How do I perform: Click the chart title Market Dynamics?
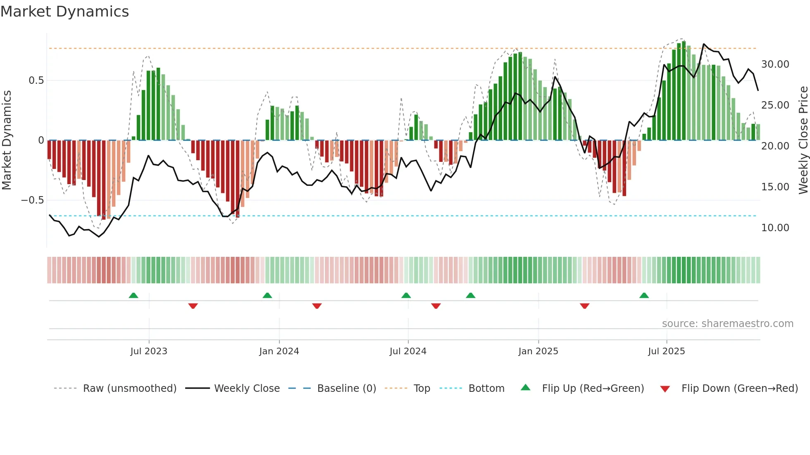pyautogui.click(x=64, y=12)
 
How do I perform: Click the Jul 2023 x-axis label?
pyautogui.click(x=149, y=351)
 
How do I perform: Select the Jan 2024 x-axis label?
pyautogui.click(x=279, y=351)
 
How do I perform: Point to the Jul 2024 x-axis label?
pyautogui.click(x=408, y=351)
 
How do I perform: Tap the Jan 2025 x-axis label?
pyautogui.click(x=538, y=351)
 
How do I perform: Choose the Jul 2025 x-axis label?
pyautogui.click(x=666, y=351)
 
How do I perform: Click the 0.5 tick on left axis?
pyautogui.click(x=36, y=81)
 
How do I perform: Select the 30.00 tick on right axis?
pyautogui.click(x=775, y=64)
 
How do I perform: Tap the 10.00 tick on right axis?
pyautogui.click(x=775, y=228)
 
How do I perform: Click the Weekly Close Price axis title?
pyautogui.click(x=803, y=140)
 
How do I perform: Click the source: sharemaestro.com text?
pyautogui.click(x=727, y=324)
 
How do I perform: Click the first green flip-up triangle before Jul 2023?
pyautogui.click(x=133, y=295)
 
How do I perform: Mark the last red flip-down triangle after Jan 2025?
pyautogui.click(x=584, y=306)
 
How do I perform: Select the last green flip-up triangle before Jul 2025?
pyautogui.click(x=644, y=295)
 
